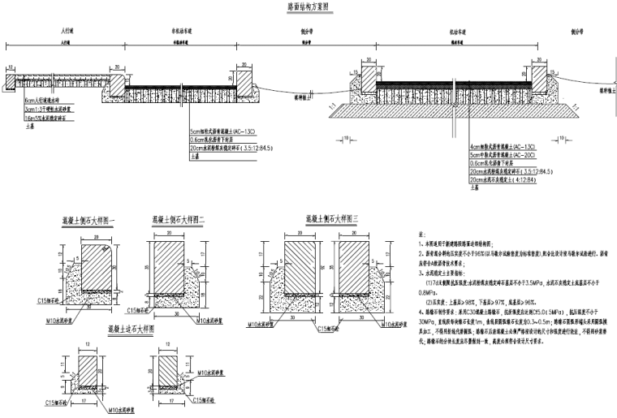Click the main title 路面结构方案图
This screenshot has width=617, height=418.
click(x=309, y=6)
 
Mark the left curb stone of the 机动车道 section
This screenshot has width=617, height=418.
click(x=368, y=78)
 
